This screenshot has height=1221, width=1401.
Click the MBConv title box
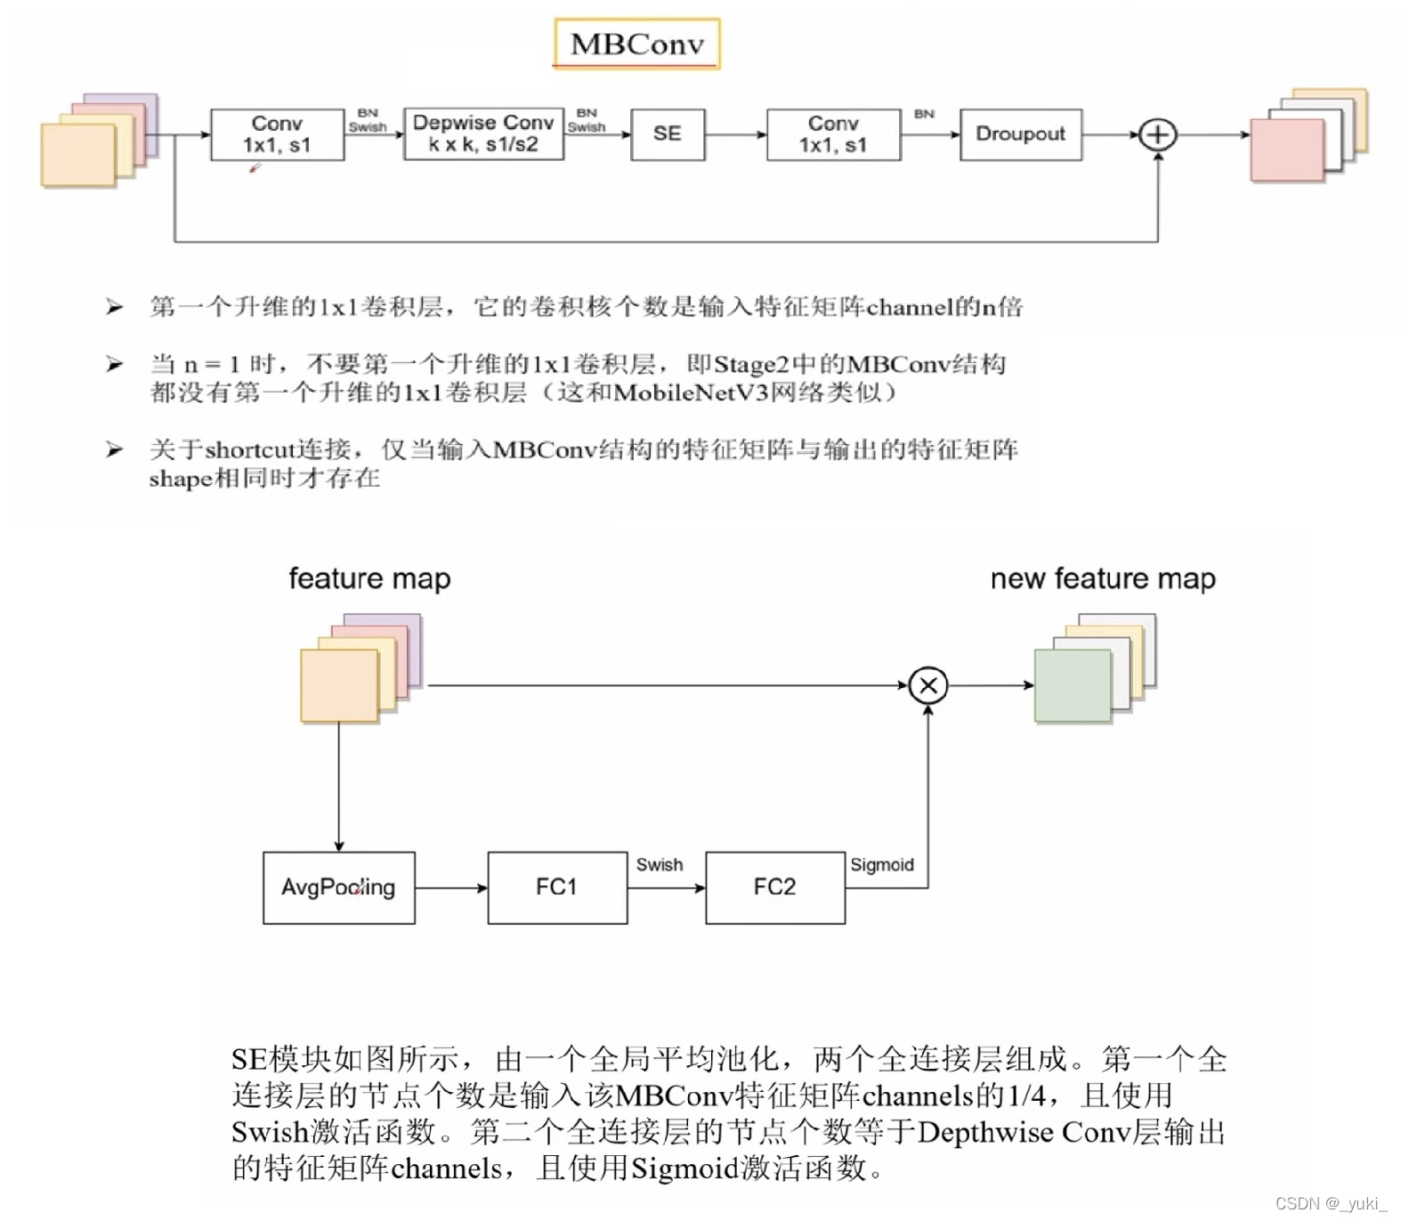(636, 44)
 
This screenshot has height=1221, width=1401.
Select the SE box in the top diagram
(668, 134)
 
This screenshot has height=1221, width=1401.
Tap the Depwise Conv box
(483, 134)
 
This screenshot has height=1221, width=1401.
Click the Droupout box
(1020, 134)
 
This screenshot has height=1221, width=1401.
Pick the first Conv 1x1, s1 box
(277, 134)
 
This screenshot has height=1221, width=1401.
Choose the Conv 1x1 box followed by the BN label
(833, 134)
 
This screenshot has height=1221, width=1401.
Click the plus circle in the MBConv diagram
(1158, 135)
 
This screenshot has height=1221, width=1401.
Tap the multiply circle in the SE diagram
(928, 685)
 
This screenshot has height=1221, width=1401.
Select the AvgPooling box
(338, 887)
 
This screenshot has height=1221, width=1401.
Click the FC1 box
(556, 887)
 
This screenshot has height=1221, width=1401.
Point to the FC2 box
(774, 887)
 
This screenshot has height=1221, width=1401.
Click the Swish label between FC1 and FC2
(660, 865)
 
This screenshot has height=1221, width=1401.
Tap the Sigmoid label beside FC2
(882, 865)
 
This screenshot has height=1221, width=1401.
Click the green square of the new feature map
(1073, 685)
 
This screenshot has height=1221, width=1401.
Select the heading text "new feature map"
(1103, 578)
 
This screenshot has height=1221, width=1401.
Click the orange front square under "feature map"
(339, 685)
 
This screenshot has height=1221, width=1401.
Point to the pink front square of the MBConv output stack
(1287, 150)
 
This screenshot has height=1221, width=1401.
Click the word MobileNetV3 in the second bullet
(691, 392)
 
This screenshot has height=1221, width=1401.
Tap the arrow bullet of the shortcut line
(114, 449)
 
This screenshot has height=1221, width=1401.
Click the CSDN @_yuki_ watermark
(1331, 1203)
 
